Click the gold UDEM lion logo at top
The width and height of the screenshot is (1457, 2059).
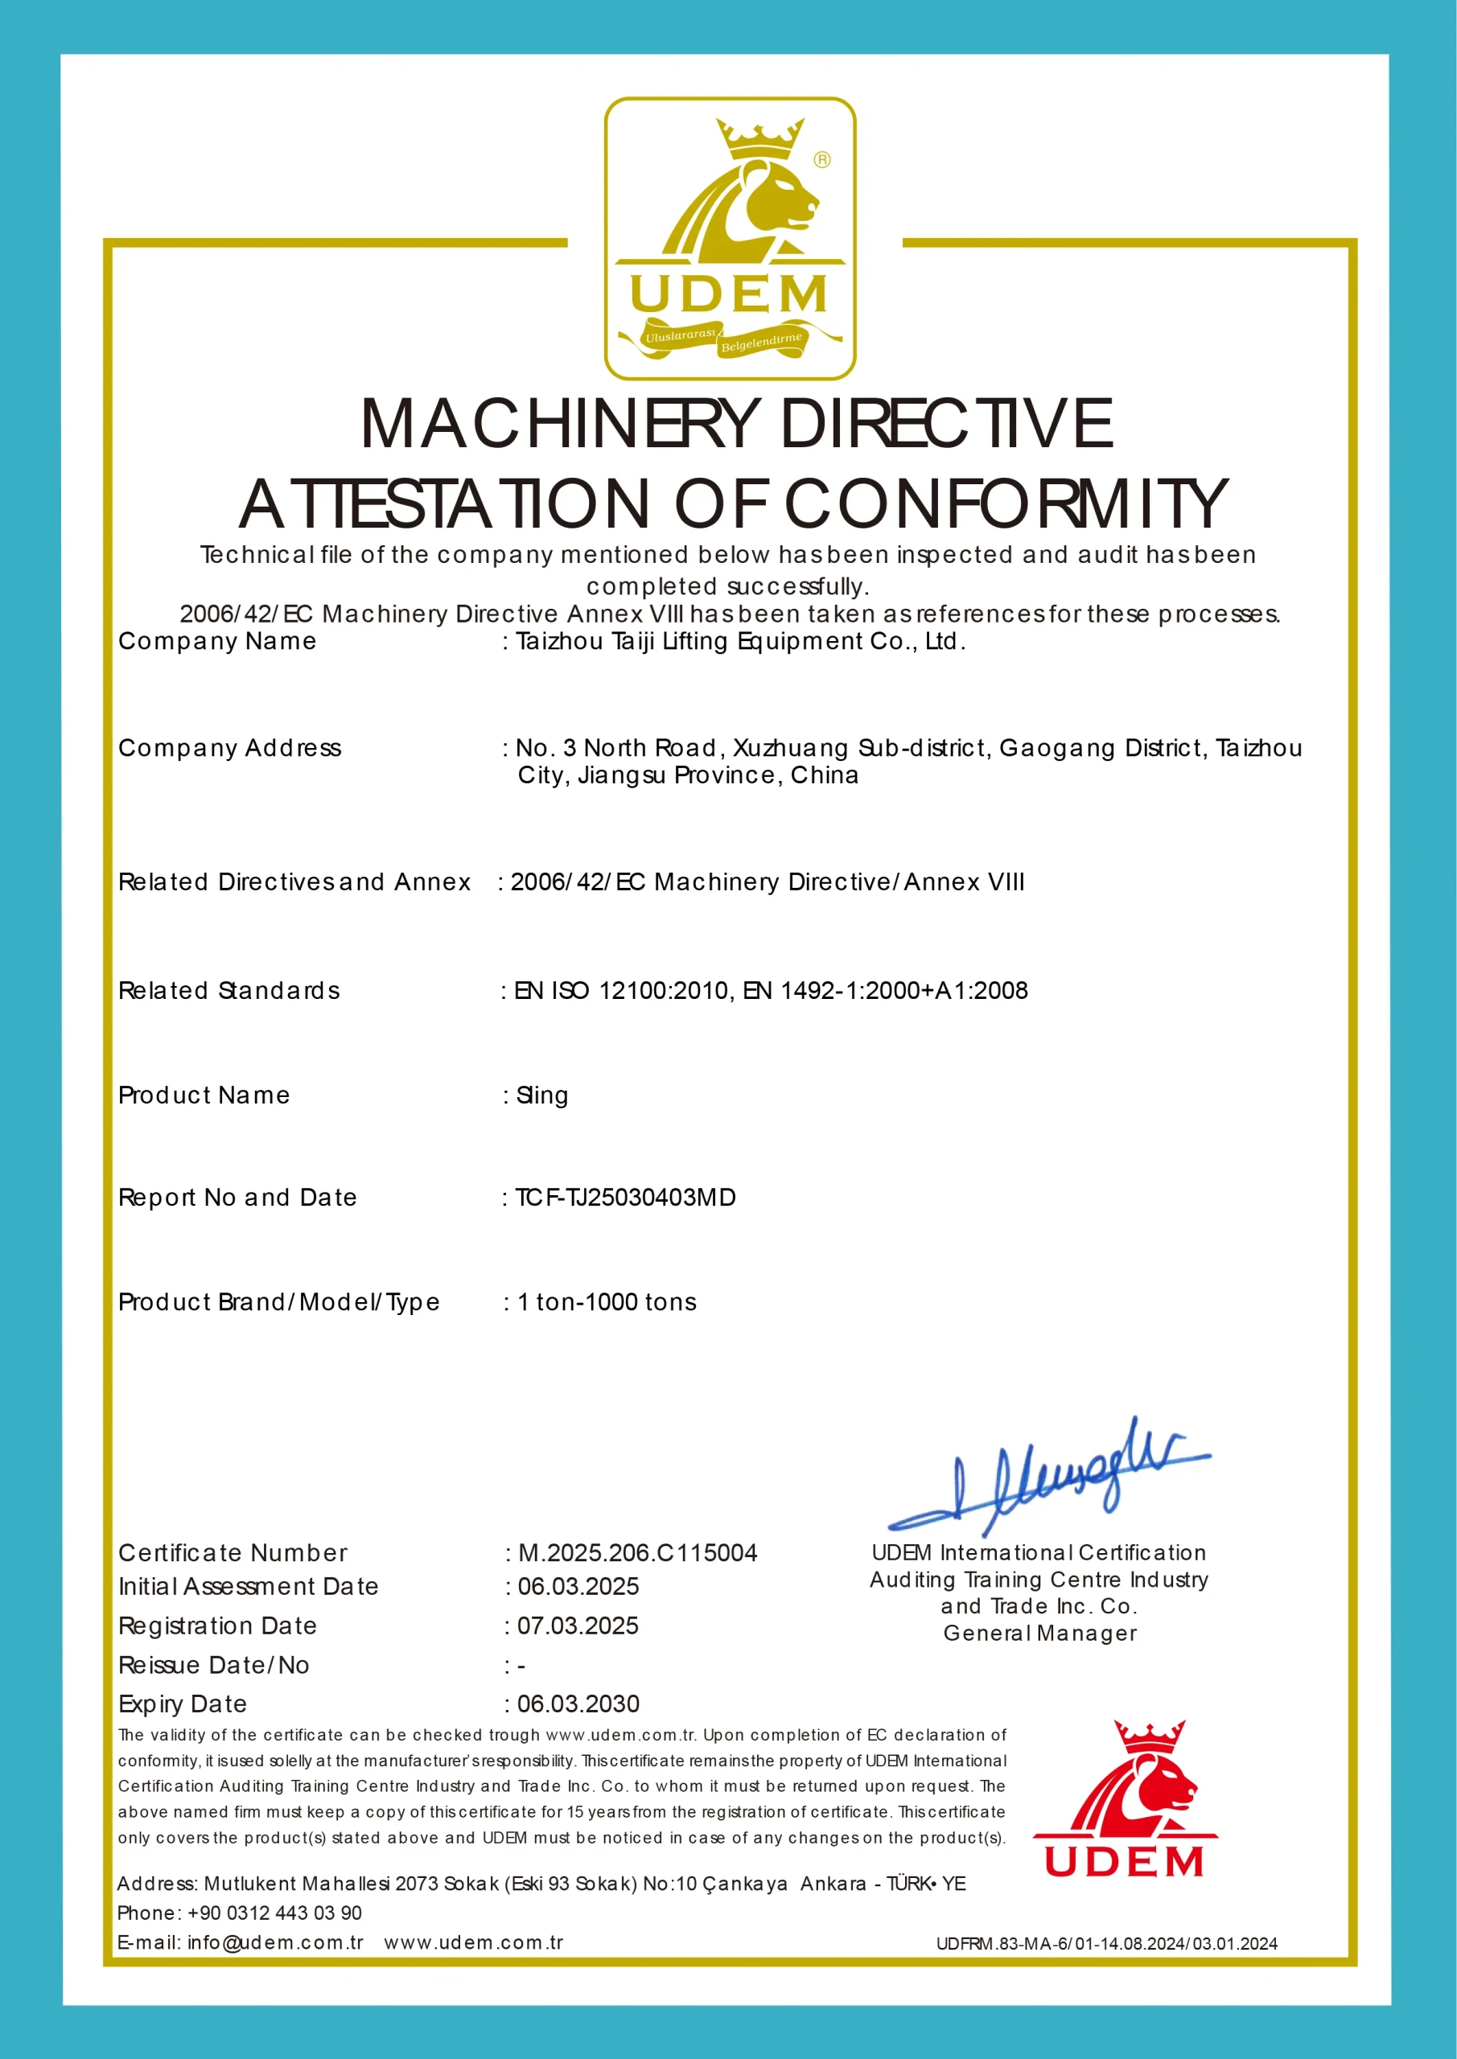[x=729, y=237]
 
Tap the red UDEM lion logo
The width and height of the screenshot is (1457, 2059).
[x=1125, y=1799]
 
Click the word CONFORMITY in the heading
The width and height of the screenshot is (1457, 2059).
[x=1005, y=503]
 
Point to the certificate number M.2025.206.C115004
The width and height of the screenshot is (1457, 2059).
[x=638, y=1552]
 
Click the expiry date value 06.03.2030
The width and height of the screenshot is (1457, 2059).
[x=578, y=1703]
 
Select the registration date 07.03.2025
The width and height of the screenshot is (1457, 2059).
[x=578, y=1625]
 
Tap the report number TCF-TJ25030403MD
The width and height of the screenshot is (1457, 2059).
[x=625, y=1198]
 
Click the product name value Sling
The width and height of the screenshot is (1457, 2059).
[x=542, y=1095]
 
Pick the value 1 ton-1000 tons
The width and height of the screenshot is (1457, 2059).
[x=607, y=1301]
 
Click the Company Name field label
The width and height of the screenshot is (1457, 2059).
[x=217, y=641]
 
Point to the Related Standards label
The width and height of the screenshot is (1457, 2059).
[x=228, y=990]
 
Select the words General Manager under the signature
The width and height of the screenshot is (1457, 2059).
[x=1039, y=1633]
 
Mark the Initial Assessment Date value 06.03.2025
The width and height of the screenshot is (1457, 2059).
[x=578, y=1586]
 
